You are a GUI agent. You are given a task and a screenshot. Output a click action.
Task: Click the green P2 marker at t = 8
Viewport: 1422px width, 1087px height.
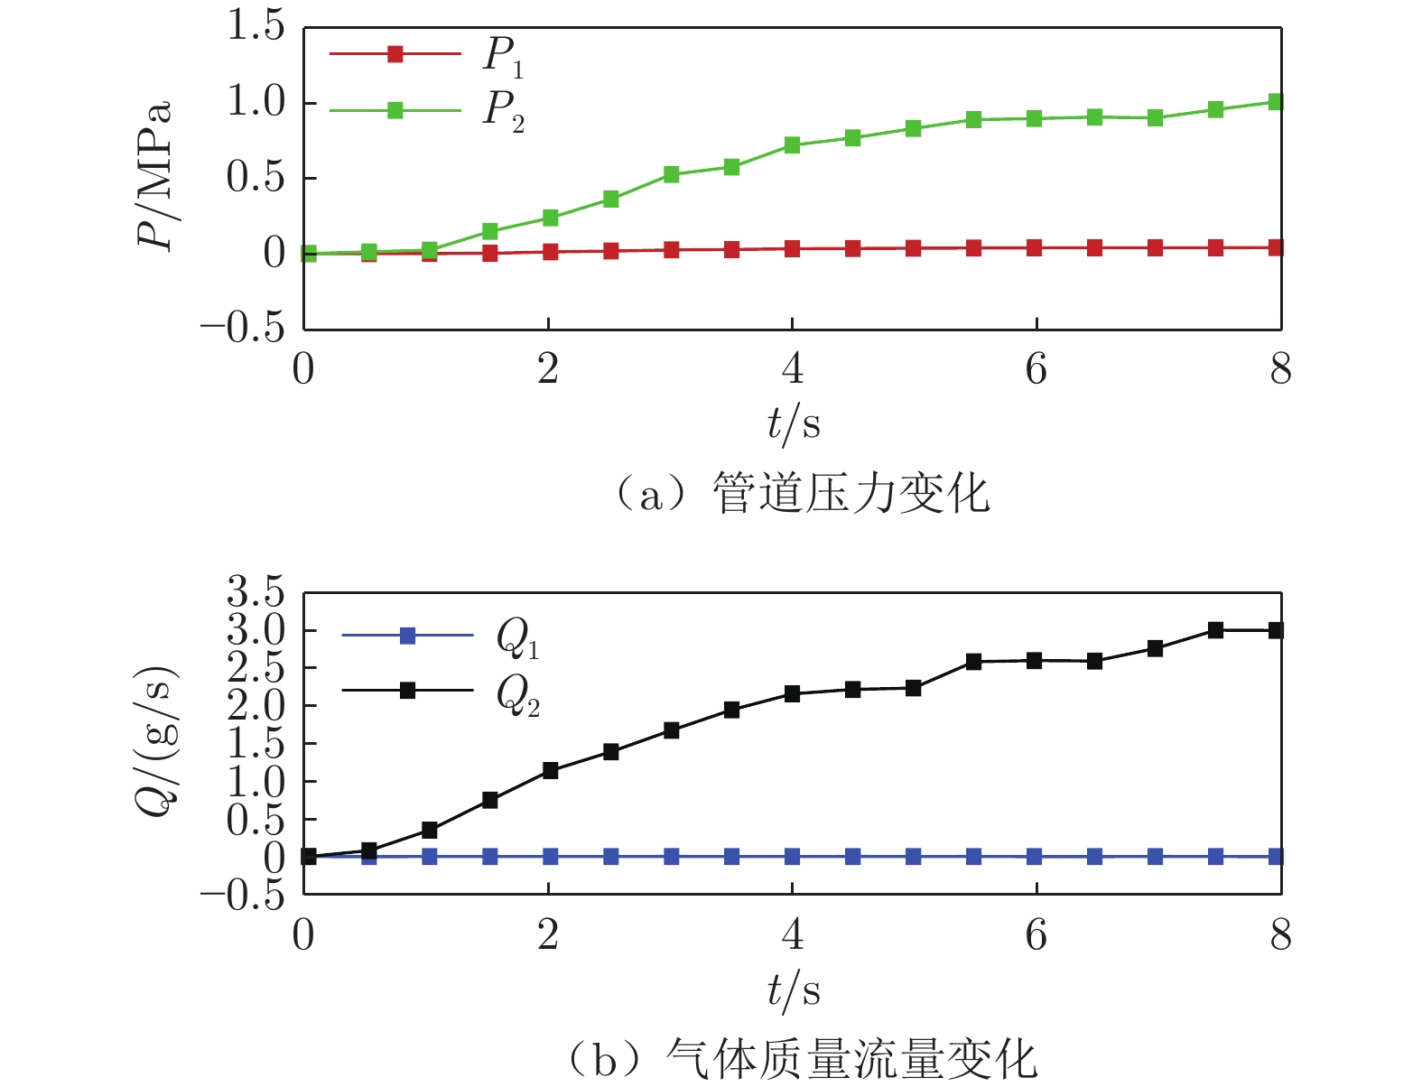coord(1276,102)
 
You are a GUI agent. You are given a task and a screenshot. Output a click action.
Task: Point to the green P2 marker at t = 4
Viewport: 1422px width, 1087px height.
coord(793,145)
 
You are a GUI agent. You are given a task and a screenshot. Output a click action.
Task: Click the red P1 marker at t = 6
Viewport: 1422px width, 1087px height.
coord(1035,248)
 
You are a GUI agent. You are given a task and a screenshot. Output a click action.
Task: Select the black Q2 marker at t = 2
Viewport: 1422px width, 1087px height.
coord(551,771)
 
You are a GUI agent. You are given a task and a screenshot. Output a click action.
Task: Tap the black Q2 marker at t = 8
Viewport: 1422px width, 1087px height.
coord(1276,631)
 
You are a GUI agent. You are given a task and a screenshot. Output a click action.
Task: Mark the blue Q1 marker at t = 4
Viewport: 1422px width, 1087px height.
coord(793,857)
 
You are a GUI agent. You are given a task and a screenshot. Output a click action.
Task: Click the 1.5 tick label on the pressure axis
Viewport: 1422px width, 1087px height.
coord(256,27)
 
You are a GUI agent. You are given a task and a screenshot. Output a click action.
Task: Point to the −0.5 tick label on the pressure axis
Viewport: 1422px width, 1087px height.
coord(243,329)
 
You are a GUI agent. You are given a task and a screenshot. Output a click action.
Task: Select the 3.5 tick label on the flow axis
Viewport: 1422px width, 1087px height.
coord(256,594)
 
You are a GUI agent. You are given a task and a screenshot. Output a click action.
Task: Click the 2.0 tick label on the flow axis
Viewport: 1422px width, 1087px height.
coord(256,706)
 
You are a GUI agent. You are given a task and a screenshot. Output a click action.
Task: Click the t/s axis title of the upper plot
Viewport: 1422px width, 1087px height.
coord(794,423)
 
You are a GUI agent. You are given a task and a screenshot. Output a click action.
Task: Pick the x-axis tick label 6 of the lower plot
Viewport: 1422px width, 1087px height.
coord(1036,935)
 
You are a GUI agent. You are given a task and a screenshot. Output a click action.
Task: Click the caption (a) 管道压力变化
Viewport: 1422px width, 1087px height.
coord(801,495)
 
